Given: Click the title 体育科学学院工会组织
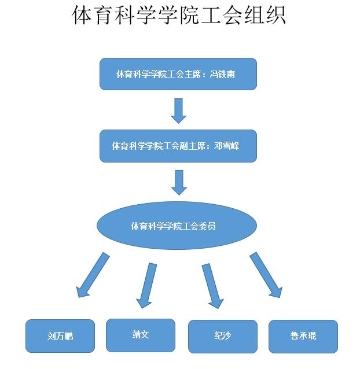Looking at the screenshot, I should click(179, 16).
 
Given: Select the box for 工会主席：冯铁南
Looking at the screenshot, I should click(178, 74).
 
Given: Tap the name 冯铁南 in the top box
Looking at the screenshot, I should click(227, 75).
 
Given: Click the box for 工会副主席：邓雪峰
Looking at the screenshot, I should click(178, 146).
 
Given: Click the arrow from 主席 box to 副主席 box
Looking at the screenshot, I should click(179, 110).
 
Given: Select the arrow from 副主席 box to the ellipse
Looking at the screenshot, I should click(179, 182).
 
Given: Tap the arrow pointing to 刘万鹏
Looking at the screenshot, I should click(93, 275).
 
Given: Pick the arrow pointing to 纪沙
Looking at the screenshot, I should click(212, 285).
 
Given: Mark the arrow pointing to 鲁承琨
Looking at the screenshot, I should click(266, 275).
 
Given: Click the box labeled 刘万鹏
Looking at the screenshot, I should click(60, 336).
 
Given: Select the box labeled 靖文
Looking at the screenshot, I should click(140, 335).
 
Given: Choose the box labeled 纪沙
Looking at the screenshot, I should click(222, 336).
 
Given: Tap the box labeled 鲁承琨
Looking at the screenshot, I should click(303, 336).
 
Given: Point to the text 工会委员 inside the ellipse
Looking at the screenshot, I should click(200, 226).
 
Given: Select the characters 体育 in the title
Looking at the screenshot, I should click(94, 16).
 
